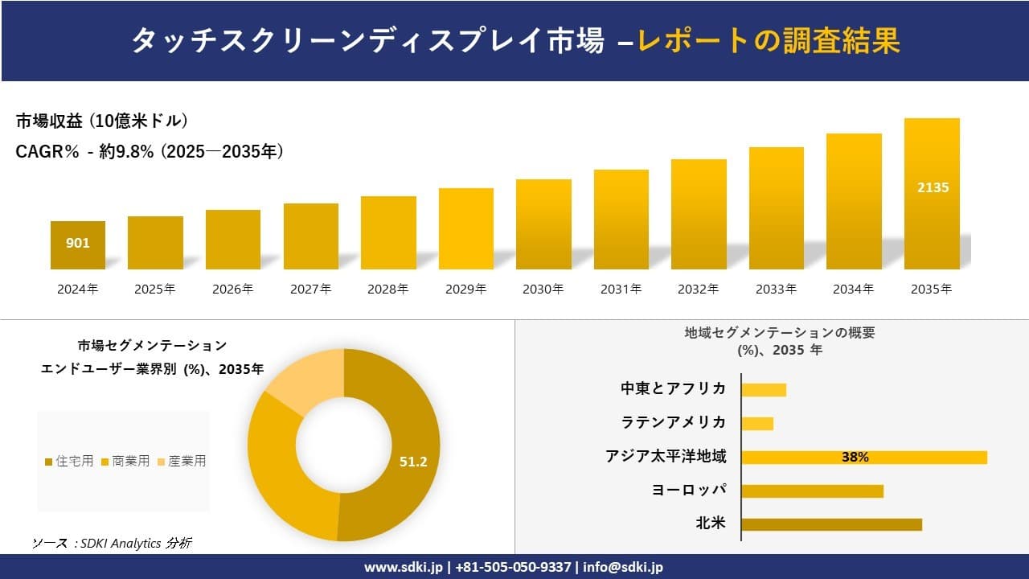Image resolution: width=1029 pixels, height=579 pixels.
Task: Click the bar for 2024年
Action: coord(78,245)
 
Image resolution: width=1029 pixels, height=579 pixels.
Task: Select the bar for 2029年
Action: coord(466,229)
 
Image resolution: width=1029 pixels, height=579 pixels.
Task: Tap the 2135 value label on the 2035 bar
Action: coord(933,187)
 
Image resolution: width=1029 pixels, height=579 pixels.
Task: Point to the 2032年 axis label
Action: coord(699,289)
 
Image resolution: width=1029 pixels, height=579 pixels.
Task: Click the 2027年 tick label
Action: coord(310,289)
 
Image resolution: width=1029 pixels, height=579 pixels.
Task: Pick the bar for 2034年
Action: coord(854,201)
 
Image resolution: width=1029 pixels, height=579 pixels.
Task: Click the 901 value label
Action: coord(78,243)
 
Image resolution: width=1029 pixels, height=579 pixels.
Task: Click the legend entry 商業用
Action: coord(125,461)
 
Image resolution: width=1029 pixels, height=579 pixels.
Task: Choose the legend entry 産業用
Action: coord(182,461)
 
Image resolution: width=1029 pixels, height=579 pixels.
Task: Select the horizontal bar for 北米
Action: coord(831,524)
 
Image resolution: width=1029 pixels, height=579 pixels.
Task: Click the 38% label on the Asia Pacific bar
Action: coord(855,457)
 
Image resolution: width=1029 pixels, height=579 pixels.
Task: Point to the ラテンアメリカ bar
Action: coord(757,423)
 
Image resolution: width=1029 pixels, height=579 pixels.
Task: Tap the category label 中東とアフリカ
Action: coord(673,389)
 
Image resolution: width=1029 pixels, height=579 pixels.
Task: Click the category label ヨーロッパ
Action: coord(689,491)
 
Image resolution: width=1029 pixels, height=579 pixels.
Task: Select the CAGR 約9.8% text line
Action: coord(150,151)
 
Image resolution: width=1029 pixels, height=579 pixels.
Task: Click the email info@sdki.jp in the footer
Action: coord(623,567)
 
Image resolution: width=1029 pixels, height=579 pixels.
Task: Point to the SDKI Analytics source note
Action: coord(112,544)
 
